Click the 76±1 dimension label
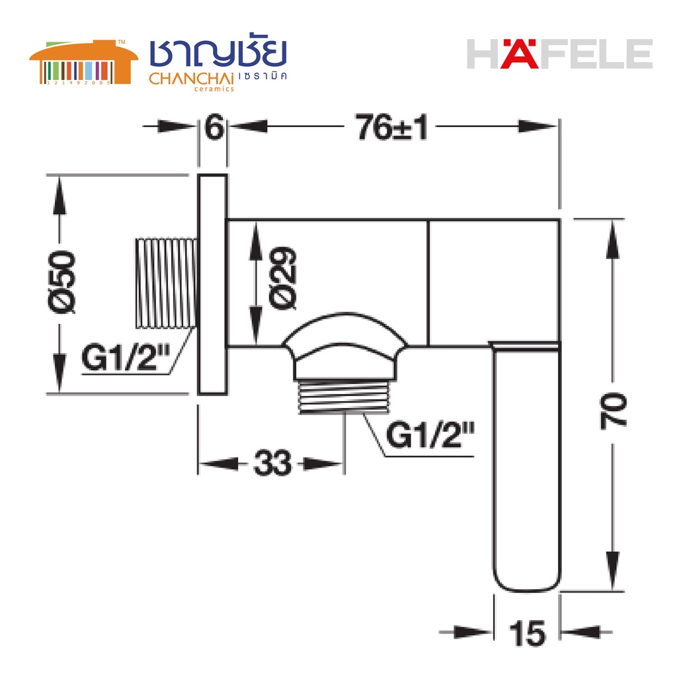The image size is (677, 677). point(391,127)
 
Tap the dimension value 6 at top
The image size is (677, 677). point(214,127)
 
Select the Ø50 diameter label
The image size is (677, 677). point(61,282)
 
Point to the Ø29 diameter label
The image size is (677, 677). point(283,278)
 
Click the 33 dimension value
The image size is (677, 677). point(272,463)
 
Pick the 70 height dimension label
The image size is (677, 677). point(613,411)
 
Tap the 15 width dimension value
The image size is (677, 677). point(527,633)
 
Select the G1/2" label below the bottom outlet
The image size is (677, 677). point(430,435)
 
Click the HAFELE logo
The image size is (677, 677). point(559,54)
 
